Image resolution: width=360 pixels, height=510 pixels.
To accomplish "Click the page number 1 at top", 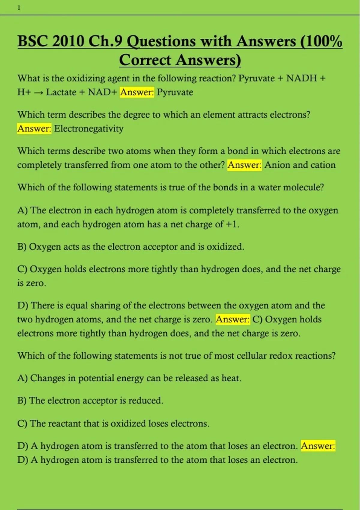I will point(19,8).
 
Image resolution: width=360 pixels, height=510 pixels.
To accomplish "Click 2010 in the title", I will point(68,41).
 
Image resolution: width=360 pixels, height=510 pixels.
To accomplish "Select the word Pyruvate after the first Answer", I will point(175,92).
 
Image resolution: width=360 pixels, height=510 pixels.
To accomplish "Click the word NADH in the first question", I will point(301,78).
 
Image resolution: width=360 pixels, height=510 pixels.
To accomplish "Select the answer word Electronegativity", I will point(89,129).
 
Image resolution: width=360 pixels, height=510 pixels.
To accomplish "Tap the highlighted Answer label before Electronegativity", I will point(34,129).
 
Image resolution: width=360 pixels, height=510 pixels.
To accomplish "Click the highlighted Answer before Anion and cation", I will point(244,165).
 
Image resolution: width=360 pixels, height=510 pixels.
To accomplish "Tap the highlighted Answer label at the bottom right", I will point(318,446).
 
